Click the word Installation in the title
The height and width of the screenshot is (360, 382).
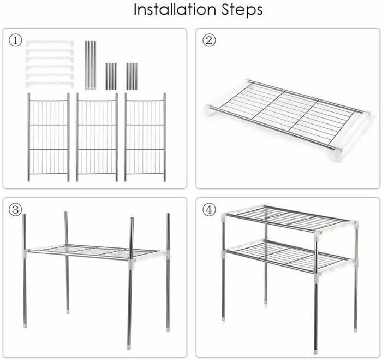click(175, 9)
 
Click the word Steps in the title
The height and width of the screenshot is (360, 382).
click(242, 10)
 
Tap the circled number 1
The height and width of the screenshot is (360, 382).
click(15, 41)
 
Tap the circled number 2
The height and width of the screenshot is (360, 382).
click(209, 40)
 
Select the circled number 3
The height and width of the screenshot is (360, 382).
click(15, 210)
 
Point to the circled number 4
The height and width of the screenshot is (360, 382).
click(209, 210)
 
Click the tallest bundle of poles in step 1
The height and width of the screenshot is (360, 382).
click(91, 65)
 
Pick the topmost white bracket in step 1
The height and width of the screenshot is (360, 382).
click(50, 43)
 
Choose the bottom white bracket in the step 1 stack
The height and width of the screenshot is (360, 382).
click(50, 85)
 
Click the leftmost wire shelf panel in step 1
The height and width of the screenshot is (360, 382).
click(49, 137)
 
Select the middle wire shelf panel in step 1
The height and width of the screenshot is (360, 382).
click(97, 137)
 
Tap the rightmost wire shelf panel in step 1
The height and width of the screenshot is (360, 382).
click(145, 137)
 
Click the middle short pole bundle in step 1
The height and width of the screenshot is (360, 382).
click(111, 76)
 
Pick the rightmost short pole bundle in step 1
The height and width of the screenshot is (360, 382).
click(132, 76)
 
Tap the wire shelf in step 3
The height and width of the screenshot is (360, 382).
click(94, 252)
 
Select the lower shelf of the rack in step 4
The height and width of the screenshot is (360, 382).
click(289, 256)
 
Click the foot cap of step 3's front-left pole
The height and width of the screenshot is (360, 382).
click(25, 326)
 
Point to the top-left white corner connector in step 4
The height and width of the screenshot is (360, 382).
click(224, 216)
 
